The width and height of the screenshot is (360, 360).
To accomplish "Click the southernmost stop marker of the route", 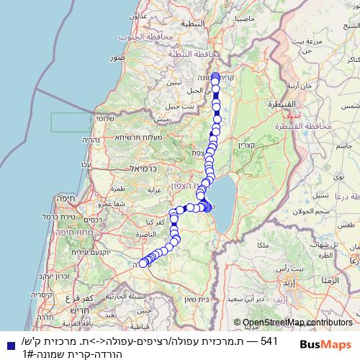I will pos(143,263).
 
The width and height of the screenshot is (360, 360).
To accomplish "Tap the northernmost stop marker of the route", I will pos(215,76).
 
